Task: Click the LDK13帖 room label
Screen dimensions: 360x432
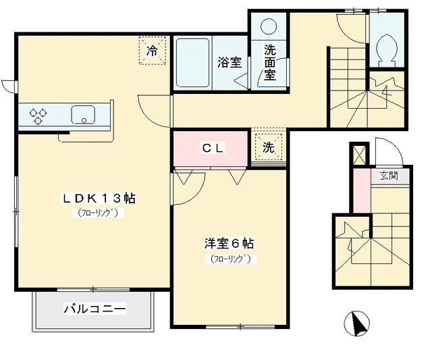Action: [99, 199]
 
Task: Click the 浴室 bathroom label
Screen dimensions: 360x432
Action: [229, 63]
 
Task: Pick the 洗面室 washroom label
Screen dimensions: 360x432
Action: [270, 62]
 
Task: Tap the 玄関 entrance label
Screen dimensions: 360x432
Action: [388, 176]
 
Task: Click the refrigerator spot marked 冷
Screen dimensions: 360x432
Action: [152, 51]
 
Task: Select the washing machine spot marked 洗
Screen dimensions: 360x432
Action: [269, 148]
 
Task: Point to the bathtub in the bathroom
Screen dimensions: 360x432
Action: [192, 63]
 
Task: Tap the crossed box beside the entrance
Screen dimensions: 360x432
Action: [359, 155]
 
